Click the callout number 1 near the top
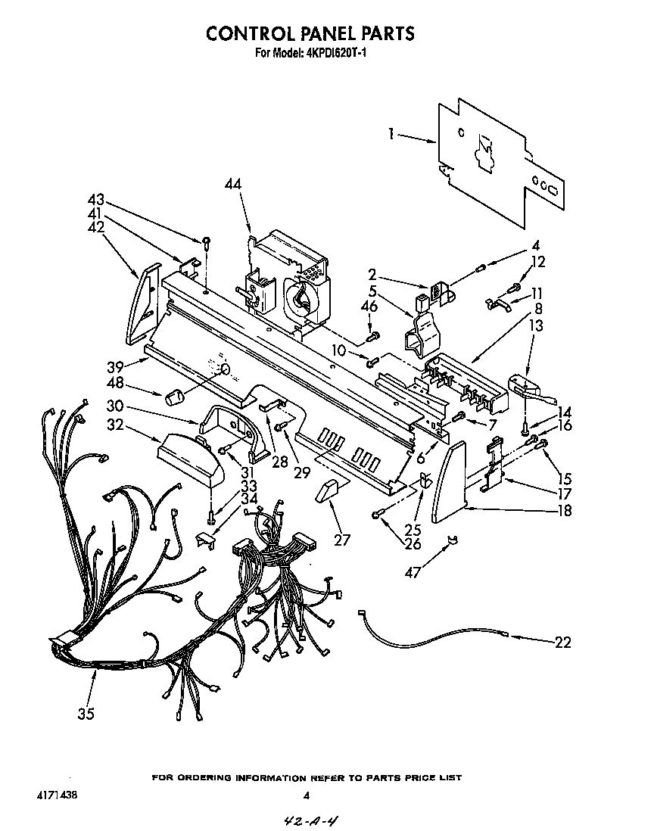(x=391, y=134)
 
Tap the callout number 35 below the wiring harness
(x=86, y=713)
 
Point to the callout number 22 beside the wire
(x=562, y=643)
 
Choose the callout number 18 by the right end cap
(x=562, y=510)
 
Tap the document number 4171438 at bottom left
(x=46, y=795)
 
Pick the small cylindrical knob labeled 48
(x=176, y=397)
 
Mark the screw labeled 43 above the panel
(x=206, y=241)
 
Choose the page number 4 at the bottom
(x=306, y=795)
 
